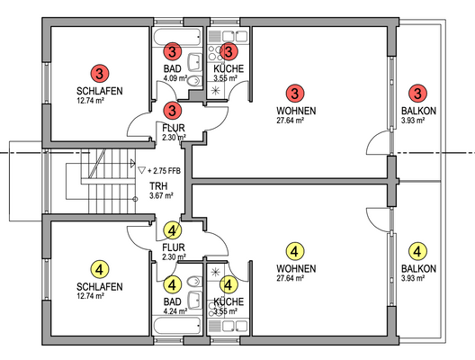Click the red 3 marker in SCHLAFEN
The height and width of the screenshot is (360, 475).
click(100, 73)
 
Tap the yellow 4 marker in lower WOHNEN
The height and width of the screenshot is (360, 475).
click(295, 251)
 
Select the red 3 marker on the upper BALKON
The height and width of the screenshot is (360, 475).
click(417, 93)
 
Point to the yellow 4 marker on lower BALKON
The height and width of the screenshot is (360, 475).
click(417, 251)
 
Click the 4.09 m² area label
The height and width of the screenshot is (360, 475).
click(175, 78)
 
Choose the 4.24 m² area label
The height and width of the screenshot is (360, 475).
click(175, 310)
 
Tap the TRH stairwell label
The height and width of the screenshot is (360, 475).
click(158, 185)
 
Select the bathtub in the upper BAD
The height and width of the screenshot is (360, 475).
click(177, 37)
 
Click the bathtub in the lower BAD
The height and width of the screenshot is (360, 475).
click(177, 325)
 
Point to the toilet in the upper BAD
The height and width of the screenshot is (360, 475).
click(195, 81)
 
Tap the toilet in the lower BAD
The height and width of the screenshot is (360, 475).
click(195, 282)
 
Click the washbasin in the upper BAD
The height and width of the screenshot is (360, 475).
click(195, 61)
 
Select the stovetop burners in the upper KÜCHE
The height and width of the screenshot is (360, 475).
click(215, 53)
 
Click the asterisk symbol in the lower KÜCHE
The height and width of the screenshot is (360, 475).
click(215, 273)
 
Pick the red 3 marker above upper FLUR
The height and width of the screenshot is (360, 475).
click(173, 110)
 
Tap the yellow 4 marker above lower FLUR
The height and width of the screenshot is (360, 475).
click(173, 230)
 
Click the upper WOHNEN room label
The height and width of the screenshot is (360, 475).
click(296, 111)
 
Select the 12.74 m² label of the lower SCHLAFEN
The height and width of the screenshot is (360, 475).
click(91, 296)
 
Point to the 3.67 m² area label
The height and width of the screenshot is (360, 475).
click(161, 195)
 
